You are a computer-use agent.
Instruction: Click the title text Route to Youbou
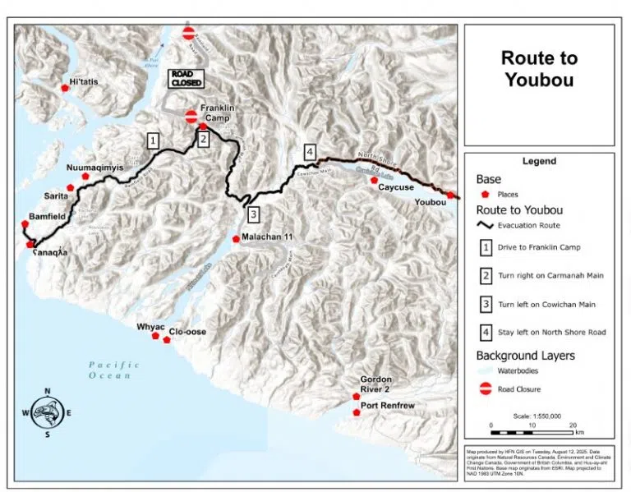pos(539,69)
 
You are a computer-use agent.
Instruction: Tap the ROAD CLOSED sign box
pos(186,78)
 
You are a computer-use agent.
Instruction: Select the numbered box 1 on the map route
pos(153,140)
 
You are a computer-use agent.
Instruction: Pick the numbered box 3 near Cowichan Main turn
pos(254,215)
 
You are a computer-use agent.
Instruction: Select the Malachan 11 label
pos(267,237)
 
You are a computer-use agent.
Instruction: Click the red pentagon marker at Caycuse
pos(374,180)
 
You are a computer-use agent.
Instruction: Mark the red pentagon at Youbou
pos(450,195)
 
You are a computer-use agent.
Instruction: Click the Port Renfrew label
pos(387,405)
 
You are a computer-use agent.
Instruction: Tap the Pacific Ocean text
pos(110,370)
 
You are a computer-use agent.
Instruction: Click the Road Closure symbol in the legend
pos(486,390)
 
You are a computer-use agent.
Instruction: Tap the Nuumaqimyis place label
pos(94,167)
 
